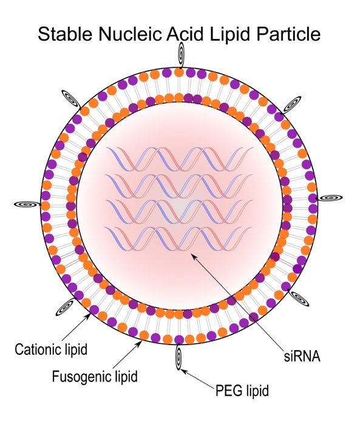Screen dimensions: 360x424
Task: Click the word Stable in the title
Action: point(65,34)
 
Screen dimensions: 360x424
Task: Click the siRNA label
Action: point(302,356)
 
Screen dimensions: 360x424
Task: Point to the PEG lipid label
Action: point(242,391)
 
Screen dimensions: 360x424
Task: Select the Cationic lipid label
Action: point(51,349)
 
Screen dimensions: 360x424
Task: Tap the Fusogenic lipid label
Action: point(95,377)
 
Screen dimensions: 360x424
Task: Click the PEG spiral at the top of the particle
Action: point(181,55)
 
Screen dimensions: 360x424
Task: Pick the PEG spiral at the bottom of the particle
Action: point(178,357)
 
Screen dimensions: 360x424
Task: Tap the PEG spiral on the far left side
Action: point(27,204)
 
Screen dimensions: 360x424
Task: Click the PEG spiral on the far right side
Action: point(330,198)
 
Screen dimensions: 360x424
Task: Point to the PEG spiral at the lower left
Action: point(65,307)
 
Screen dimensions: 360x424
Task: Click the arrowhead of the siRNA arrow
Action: point(193,256)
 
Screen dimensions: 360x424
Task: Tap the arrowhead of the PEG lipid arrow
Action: point(183,371)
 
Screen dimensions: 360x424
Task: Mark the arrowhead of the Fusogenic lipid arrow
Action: point(140,343)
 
